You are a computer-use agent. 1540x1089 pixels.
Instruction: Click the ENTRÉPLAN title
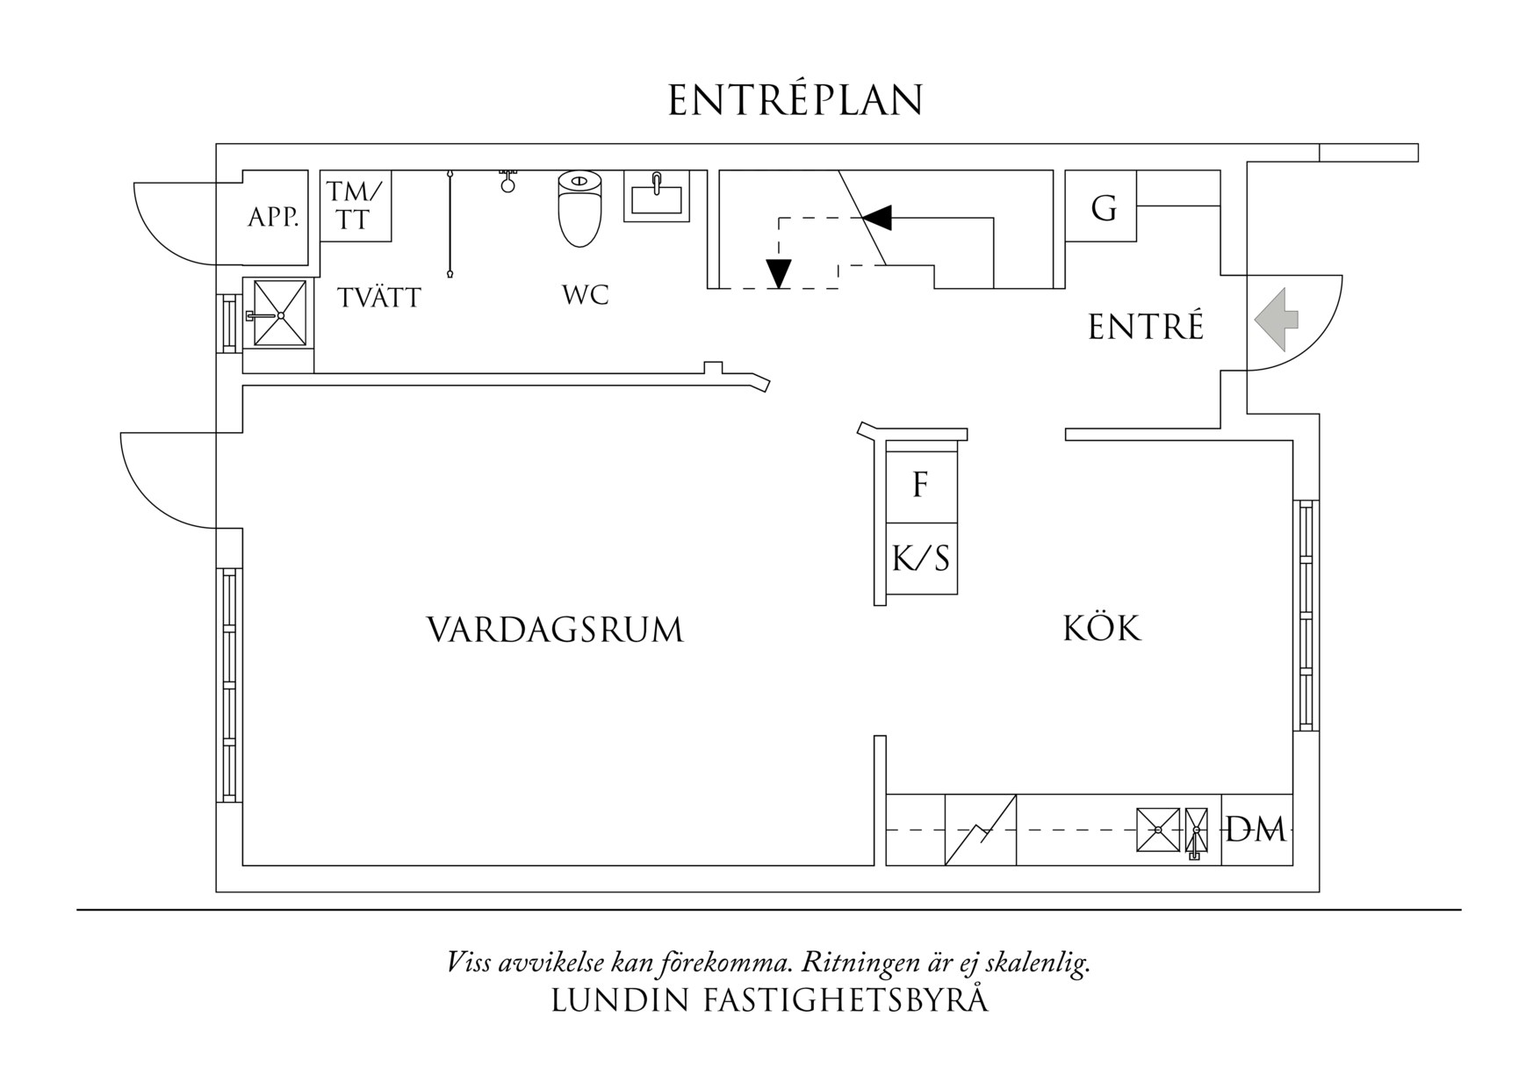point(795,101)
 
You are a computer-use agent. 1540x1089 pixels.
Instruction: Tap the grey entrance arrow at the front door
point(1276,320)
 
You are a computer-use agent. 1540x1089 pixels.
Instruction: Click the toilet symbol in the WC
point(580,208)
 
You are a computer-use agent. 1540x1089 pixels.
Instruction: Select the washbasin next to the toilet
point(656,196)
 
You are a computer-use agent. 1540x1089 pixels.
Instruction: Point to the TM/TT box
point(355,206)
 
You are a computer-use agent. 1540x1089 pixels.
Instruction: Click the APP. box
point(273,217)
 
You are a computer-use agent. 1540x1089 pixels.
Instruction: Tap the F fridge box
point(920,484)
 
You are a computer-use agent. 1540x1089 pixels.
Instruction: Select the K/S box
point(920,559)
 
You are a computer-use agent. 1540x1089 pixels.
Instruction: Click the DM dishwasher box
point(1256,829)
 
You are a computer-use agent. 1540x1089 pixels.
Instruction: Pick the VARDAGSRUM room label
point(555,630)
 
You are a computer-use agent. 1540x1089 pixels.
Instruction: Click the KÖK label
point(1102,629)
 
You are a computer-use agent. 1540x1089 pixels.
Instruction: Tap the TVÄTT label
point(379,298)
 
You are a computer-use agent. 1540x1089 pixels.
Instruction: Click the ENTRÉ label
point(1146,328)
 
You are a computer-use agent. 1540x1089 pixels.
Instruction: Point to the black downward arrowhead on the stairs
point(778,273)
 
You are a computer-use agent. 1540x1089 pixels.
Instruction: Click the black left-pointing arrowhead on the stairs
point(877,217)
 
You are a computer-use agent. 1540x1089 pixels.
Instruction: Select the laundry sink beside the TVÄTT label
point(279,314)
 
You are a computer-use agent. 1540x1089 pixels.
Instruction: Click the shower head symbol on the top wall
point(507,183)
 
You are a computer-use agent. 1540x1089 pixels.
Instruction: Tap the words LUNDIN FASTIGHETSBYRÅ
point(769,1001)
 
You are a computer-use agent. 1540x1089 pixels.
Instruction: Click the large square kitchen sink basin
point(1158,829)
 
